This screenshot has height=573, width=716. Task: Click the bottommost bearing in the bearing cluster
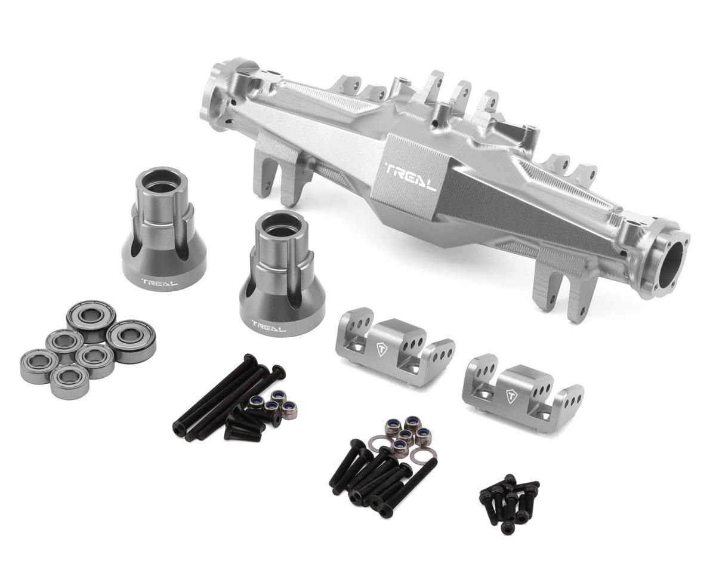[69, 382]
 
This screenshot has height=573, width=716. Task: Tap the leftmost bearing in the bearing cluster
[39, 366]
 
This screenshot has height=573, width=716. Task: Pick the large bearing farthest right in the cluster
[131, 341]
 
